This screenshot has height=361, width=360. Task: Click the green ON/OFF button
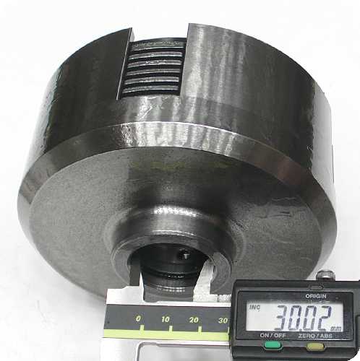coord(273,345)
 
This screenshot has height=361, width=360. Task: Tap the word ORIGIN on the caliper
coord(316,296)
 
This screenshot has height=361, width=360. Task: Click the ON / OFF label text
coord(273,335)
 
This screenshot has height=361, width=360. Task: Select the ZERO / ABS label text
coord(315,336)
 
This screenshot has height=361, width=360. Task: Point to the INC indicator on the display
coord(254,308)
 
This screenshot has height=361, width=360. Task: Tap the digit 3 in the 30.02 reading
coord(284,317)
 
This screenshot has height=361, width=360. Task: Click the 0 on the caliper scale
coord(138,318)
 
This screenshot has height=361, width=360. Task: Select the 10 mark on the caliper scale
coord(166,319)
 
